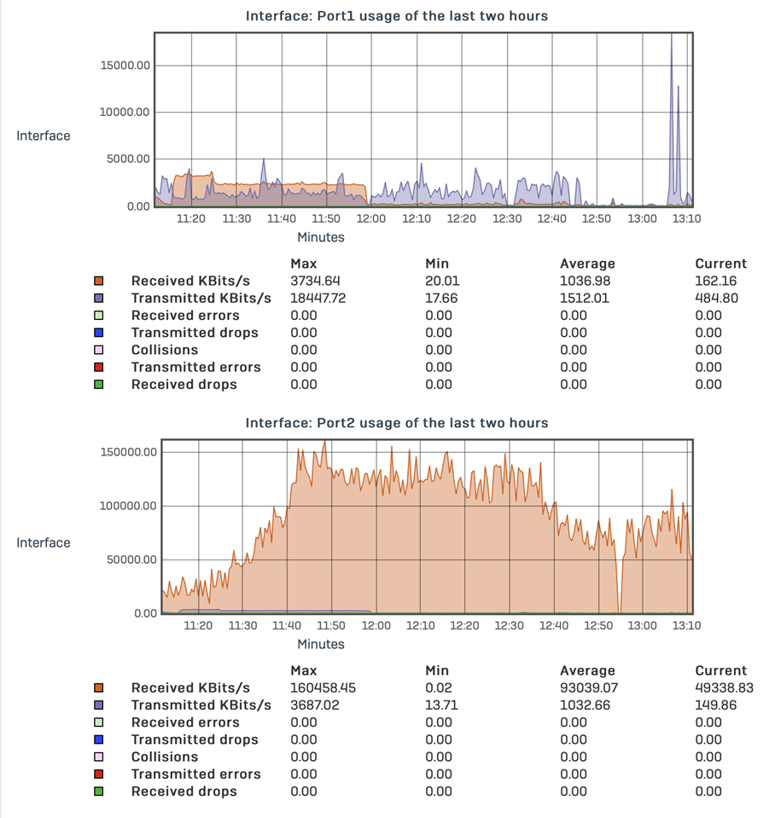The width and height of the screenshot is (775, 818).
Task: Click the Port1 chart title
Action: click(396, 16)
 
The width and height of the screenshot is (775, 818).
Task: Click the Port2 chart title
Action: click(396, 423)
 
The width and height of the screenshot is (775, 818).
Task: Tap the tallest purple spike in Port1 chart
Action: click(671, 38)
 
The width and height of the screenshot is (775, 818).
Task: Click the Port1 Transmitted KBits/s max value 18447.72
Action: click(318, 299)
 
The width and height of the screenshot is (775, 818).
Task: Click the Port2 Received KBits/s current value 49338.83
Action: click(720, 688)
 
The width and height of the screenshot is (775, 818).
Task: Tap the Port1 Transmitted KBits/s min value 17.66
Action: click(439, 299)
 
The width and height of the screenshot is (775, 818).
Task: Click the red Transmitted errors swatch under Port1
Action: click(99, 368)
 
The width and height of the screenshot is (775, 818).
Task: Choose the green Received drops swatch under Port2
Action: click(99, 792)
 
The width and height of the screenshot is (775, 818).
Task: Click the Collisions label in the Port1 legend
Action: click(164, 350)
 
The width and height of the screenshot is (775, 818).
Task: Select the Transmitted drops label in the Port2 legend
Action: click(195, 740)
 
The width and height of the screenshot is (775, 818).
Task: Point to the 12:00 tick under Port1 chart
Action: click(370, 219)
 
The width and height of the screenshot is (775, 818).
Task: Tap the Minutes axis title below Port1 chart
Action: click(321, 237)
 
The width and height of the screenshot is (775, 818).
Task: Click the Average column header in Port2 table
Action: click(587, 670)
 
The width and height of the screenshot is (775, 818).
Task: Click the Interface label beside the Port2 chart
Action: click(44, 542)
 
